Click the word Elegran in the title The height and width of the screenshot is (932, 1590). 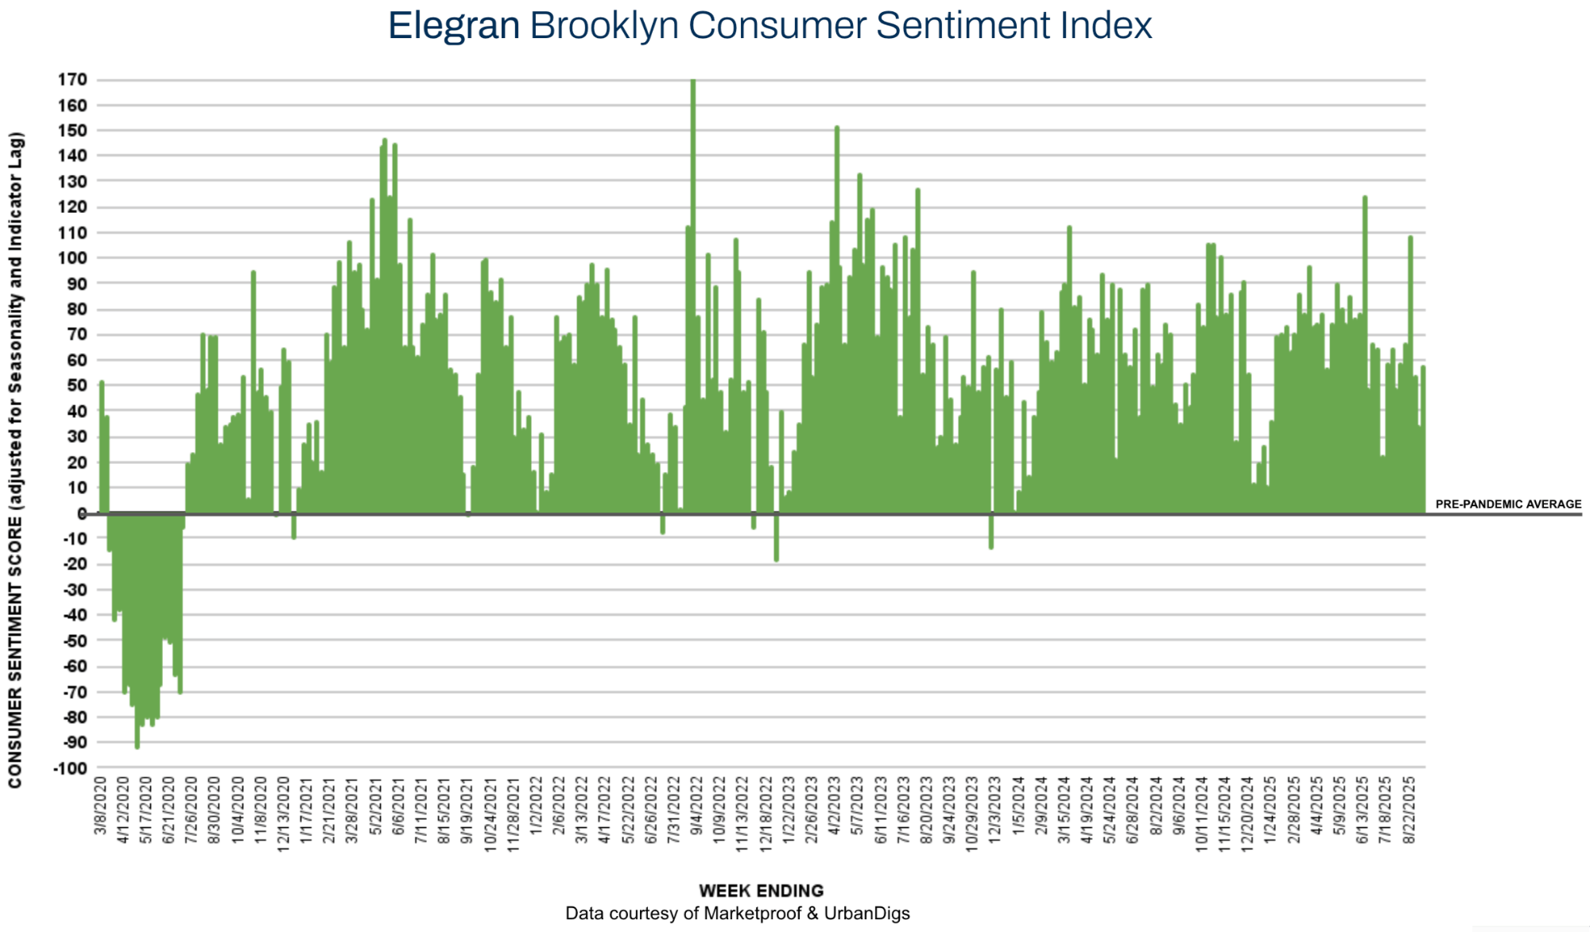click(453, 25)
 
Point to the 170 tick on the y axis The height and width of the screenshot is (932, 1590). click(72, 79)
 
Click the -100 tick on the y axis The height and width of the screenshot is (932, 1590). click(70, 768)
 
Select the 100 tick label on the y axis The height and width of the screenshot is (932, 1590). click(72, 258)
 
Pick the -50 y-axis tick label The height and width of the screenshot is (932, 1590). click(72, 640)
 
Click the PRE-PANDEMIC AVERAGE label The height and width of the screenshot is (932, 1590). click(1508, 504)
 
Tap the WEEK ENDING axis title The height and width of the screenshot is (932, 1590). click(761, 891)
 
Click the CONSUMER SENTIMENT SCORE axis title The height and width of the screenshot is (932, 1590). click(15, 461)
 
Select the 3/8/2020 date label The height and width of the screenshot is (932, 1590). click(100, 806)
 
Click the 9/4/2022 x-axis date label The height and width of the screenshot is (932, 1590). click(696, 806)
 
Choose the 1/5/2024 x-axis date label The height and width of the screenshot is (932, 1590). click(1019, 806)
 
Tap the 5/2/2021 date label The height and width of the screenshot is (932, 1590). click(376, 806)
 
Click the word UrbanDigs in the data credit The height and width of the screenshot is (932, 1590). click(867, 914)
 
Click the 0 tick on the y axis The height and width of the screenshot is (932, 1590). click(82, 513)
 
